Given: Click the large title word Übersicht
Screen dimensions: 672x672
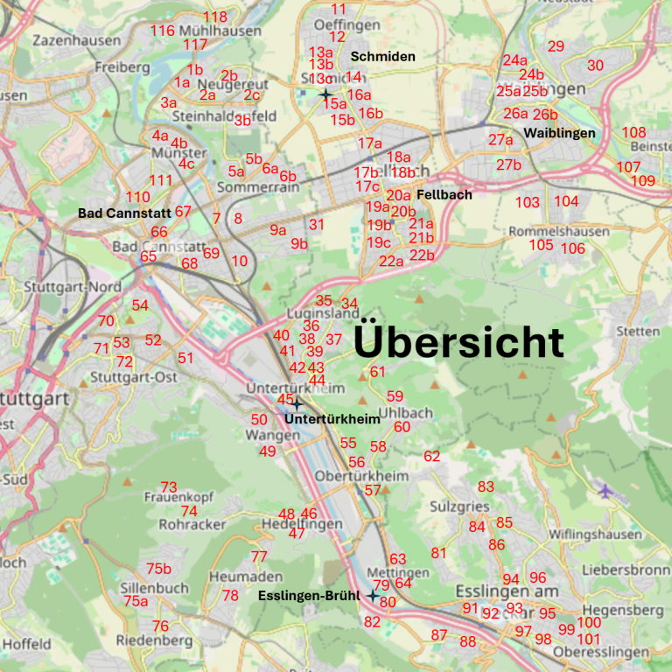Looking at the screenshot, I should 458,342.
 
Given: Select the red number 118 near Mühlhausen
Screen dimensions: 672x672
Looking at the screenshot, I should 214,17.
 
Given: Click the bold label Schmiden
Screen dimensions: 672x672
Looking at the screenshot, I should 382,57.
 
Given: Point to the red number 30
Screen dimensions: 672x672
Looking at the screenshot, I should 595,66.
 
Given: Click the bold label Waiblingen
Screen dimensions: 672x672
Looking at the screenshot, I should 559,133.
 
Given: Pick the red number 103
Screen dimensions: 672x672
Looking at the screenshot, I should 527,202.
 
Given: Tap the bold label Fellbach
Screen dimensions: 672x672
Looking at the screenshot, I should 444,194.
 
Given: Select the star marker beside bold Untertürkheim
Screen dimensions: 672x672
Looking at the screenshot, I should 297,404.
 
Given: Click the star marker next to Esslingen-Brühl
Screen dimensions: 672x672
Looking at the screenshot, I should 372,596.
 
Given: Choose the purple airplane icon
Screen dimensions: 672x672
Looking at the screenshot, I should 605,490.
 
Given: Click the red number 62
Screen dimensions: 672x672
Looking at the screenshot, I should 431,456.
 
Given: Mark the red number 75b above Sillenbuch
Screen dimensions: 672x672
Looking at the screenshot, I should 158,569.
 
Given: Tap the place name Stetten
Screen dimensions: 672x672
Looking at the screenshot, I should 638,332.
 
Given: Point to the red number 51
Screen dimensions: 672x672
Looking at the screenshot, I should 185,358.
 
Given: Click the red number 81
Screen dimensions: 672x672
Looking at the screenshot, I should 438,553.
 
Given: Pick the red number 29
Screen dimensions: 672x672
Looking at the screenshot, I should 556,46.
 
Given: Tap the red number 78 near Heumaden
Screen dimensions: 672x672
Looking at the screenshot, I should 230,596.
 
